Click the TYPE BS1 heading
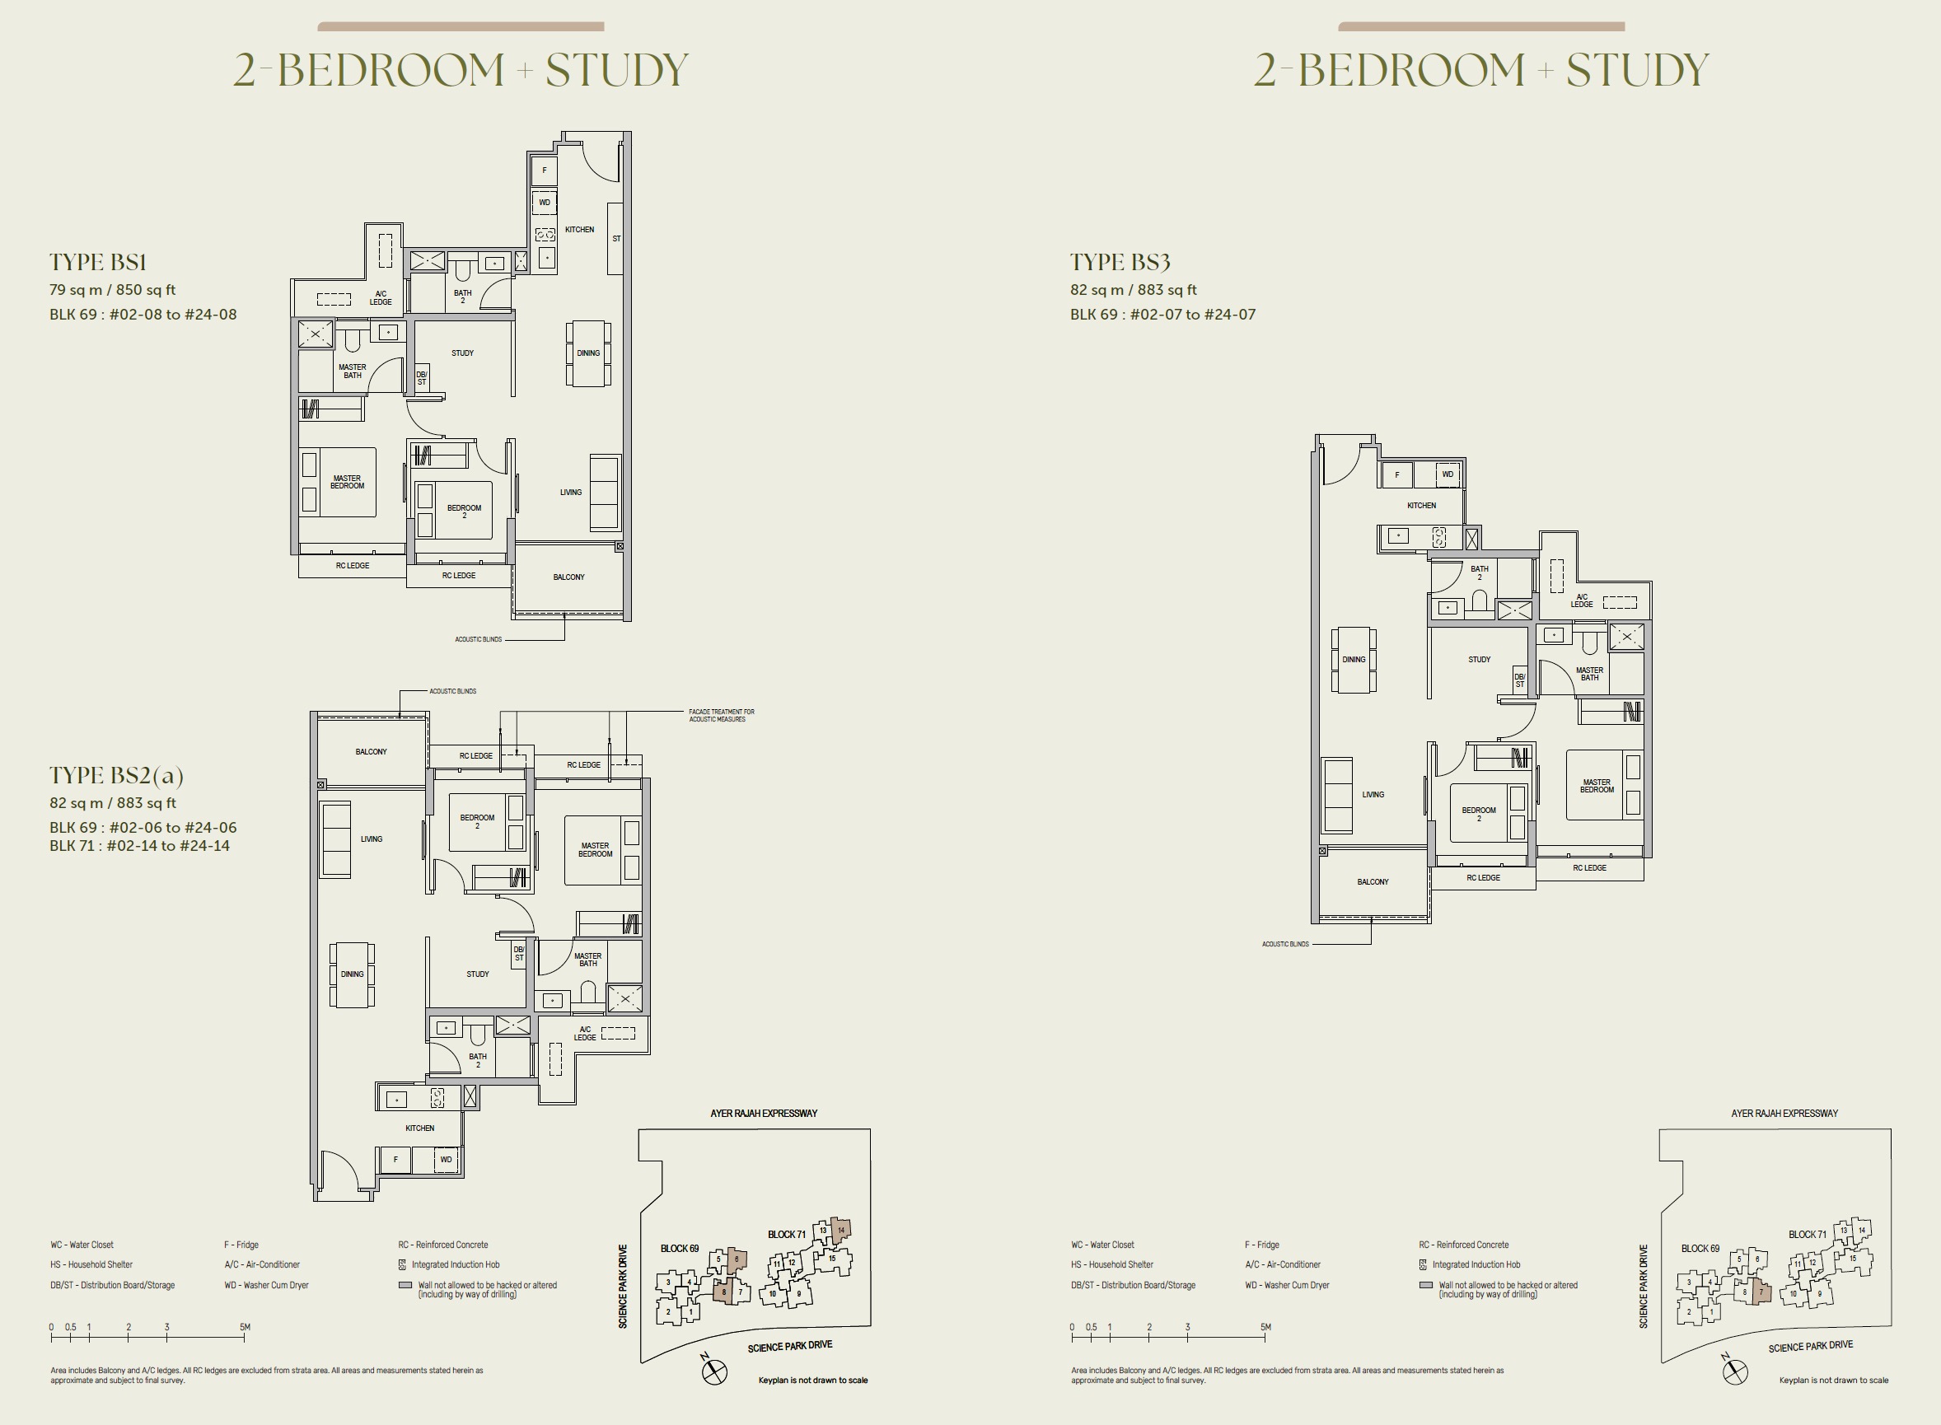click(x=97, y=262)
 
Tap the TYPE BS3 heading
click(x=1120, y=262)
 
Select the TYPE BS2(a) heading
click(x=116, y=775)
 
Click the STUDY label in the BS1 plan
click(x=462, y=353)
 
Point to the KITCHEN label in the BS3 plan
click(x=1422, y=506)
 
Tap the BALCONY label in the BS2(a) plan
click(x=371, y=752)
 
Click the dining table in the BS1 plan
click(x=588, y=353)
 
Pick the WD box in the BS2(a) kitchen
click(x=446, y=1159)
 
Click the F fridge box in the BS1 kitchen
click(x=545, y=170)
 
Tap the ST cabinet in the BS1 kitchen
click(x=616, y=239)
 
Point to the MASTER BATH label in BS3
click(x=1590, y=674)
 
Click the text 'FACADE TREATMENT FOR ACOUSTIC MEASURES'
click(x=721, y=715)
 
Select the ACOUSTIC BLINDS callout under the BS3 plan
click(x=1285, y=944)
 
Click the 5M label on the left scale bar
click(x=245, y=1327)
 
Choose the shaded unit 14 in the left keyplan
click(x=841, y=1230)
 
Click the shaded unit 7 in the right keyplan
click(x=1761, y=1292)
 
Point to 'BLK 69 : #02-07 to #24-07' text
click(x=1163, y=315)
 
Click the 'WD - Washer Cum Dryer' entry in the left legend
click(x=267, y=1285)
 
